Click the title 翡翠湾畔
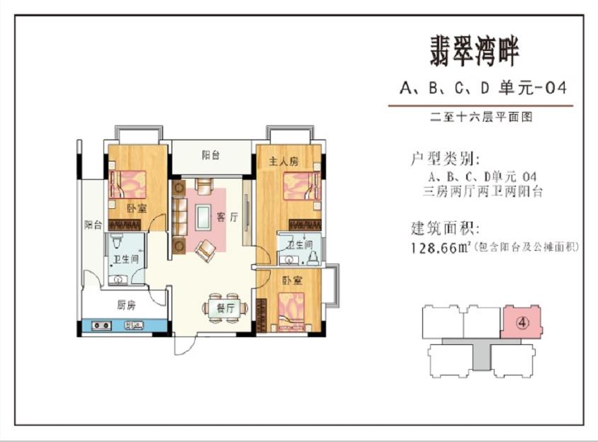pos(475,52)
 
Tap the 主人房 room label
pos(283,161)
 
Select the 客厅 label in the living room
pos(227,217)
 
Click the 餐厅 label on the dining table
pos(225,307)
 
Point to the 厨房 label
pos(126,305)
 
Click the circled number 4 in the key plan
pos(522,323)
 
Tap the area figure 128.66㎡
pos(441,248)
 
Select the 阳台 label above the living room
pos(210,155)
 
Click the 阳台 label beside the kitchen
pos(93,225)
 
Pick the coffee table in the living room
pos(203,217)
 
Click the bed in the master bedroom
pos(302,186)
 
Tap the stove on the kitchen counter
pos(101,325)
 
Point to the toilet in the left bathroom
pos(116,242)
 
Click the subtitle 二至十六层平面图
pos(481,117)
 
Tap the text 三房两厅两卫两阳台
pos(483,191)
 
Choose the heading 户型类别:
pos(444,159)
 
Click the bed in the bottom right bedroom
pos(291,312)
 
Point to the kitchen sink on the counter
pos(133,325)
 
